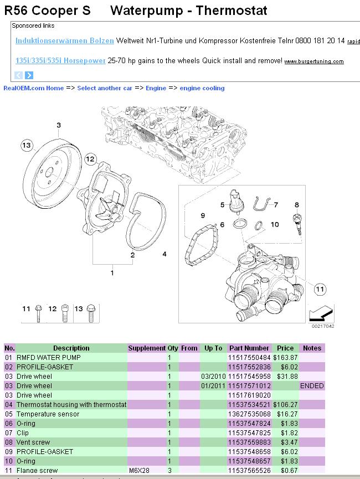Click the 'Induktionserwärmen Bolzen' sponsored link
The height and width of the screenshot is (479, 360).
pyautogui.click(x=64, y=41)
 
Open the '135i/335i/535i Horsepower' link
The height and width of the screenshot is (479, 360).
pyautogui.click(x=60, y=61)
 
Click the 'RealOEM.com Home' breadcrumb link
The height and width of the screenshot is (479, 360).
pyautogui.click(x=34, y=88)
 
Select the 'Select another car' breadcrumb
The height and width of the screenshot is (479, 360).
pyautogui.click(x=105, y=88)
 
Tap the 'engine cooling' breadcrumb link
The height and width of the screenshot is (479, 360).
pyautogui.click(x=202, y=88)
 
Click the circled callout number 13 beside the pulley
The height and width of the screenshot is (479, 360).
pyautogui.click(x=26, y=145)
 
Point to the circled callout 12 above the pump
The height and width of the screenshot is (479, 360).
pyautogui.click(x=91, y=160)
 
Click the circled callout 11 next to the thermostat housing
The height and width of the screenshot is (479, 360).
pyautogui.click(x=320, y=288)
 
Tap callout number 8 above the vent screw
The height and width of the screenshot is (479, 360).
pyautogui.click(x=297, y=205)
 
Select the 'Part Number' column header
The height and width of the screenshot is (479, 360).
pyautogui.click(x=249, y=348)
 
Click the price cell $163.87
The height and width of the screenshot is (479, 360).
pyautogui.click(x=285, y=358)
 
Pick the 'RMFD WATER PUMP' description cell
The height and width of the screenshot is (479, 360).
pyautogui.click(x=48, y=358)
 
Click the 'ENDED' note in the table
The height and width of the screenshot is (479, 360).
pyautogui.click(x=311, y=385)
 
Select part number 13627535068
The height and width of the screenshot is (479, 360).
pyautogui.click(x=249, y=414)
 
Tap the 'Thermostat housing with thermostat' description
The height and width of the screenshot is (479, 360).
pyautogui.click(x=71, y=404)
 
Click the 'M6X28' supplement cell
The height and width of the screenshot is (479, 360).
pyautogui.click(x=139, y=471)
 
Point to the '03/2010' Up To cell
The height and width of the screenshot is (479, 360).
pyautogui.click(x=213, y=376)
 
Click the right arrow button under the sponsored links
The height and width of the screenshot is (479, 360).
pyautogui.click(x=29, y=75)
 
